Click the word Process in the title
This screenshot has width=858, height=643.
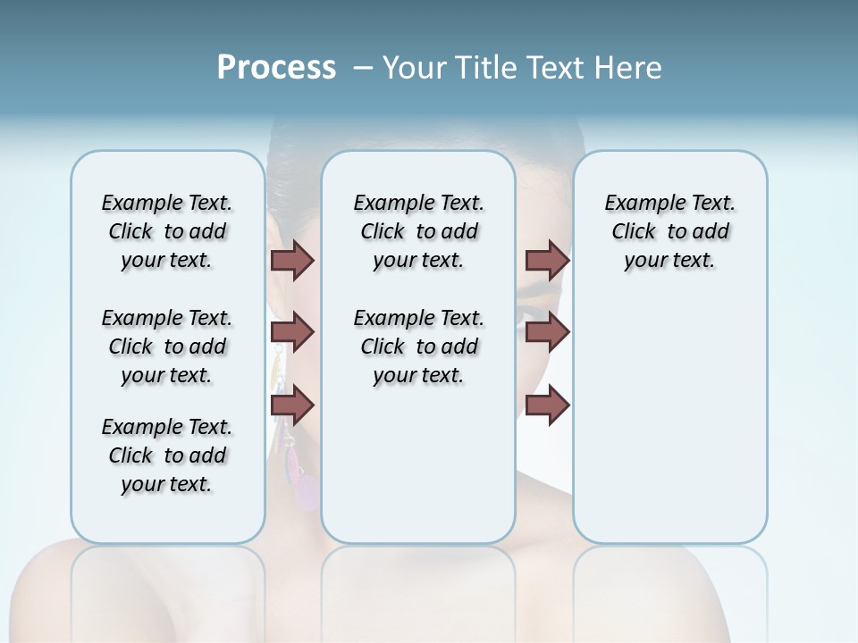[x=276, y=67]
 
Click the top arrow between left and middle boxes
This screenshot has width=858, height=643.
[x=292, y=260]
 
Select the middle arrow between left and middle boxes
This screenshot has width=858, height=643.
[x=292, y=333]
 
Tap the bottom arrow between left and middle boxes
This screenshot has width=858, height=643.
[x=292, y=405]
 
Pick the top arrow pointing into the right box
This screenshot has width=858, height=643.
[x=547, y=260]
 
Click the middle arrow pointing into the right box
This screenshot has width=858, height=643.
[x=547, y=333]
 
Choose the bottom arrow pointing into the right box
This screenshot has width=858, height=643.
[x=547, y=405]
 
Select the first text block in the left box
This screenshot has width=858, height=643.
[x=167, y=231]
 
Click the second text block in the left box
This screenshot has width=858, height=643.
[x=167, y=347]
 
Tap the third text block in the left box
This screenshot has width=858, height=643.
[x=167, y=455]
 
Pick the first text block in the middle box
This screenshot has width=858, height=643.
[x=418, y=231]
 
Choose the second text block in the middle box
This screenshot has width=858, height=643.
[x=418, y=347]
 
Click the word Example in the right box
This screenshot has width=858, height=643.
[x=642, y=204]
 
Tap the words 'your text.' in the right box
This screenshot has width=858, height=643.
[x=669, y=261]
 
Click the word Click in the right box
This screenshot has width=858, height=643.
[x=634, y=232]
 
